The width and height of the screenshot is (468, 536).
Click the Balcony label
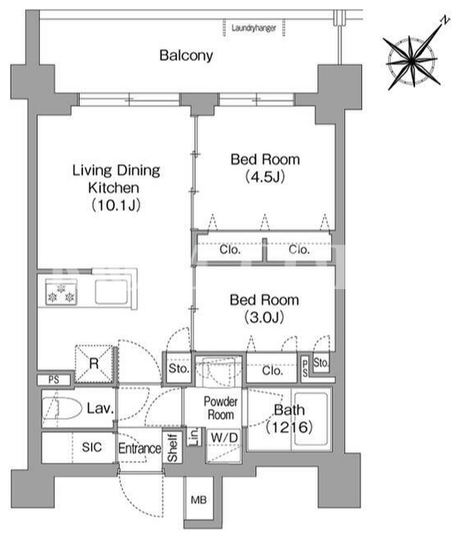coord(186,55)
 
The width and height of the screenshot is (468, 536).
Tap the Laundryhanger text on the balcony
coord(254,28)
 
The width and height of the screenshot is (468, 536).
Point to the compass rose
coord(412,62)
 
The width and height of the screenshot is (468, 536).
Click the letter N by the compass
coord(444,20)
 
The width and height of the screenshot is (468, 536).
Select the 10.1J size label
coord(116,205)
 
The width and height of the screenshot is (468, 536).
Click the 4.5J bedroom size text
coord(265,177)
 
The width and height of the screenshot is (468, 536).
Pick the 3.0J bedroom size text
coord(264,317)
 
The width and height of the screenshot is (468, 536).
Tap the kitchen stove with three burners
coord(61,292)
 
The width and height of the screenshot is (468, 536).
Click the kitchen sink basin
coord(112,292)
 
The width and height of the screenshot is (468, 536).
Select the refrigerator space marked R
coord(94,363)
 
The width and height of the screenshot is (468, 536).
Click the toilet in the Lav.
coord(62,408)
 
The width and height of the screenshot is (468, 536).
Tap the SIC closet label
coord(91,446)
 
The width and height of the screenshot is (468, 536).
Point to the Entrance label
coord(139,448)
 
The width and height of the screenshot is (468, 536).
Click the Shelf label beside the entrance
coord(172,448)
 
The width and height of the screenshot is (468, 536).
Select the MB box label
coord(199,500)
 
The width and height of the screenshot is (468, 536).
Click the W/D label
coord(224,437)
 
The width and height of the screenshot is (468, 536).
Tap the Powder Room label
coord(221,408)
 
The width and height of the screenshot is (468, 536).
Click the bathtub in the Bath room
coord(311,420)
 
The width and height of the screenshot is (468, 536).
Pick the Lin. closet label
coord(193,436)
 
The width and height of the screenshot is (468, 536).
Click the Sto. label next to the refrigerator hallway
coord(179,368)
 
